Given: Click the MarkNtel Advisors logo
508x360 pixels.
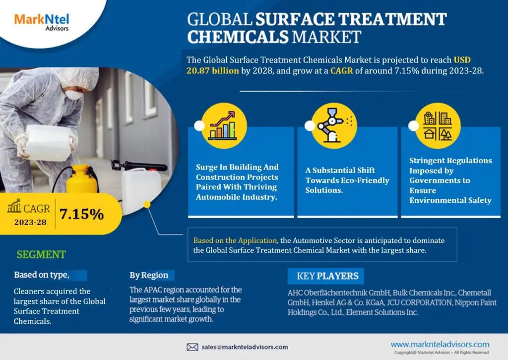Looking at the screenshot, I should point(42,22).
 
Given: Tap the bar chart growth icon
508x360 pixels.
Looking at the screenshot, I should point(229,125).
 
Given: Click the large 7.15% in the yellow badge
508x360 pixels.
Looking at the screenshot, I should point(81,214).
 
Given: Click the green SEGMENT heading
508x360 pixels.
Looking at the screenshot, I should point(41,255).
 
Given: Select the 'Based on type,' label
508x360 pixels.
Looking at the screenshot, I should point(42,275).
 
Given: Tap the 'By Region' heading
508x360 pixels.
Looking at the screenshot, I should point(149,275).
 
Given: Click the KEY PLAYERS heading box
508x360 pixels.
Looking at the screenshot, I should point(327,276).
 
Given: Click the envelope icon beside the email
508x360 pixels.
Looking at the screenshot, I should point(192,347).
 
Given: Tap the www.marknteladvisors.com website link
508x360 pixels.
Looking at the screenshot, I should point(440,344).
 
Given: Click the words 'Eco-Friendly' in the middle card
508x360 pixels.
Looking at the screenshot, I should point(365,180).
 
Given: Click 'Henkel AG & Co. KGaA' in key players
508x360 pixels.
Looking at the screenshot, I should point(342,302).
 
